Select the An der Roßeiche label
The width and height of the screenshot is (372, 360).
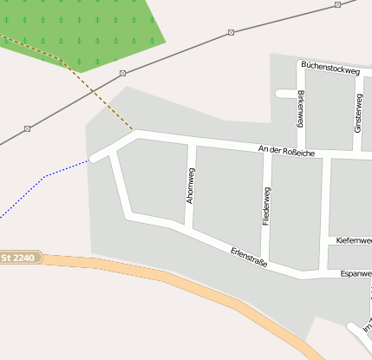click(x=286, y=152)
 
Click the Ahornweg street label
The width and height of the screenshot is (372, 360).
click(x=191, y=186)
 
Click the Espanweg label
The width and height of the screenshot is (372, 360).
click(x=356, y=273)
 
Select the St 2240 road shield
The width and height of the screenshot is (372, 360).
click(x=18, y=257)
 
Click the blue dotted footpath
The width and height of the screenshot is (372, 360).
click(x=43, y=177)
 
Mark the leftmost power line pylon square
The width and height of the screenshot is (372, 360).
click(x=28, y=128)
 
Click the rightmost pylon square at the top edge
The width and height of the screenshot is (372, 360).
click(x=336, y=5)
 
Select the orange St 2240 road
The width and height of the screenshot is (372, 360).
click(x=173, y=276)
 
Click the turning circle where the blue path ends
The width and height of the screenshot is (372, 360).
click(x=93, y=159)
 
